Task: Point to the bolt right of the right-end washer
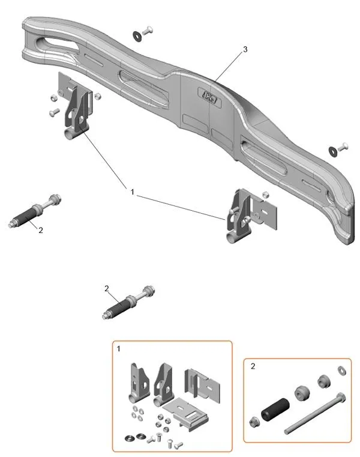[344, 145]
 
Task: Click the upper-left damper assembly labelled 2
[32, 213]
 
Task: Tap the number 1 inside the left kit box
[119, 349]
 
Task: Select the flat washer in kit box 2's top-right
[343, 370]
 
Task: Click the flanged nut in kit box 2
[254, 420]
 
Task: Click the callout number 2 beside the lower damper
[107, 289]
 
